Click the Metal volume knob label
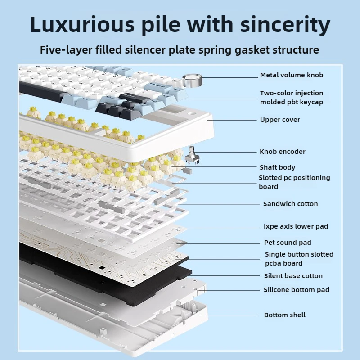[x=291, y=75]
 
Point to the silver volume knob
[x=193, y=81]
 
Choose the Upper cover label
[x=280, y=120]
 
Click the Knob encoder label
[x=282, y=152]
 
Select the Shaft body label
[x=277, y=167]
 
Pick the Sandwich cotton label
[x=290, y=204]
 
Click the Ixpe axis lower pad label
[x=296, y=226]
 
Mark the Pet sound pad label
[x=288, y=243]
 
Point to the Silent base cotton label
[x=293, y=276]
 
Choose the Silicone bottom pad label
[x=296, y=290]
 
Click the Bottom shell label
[x=284, y=315]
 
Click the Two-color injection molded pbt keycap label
[x=291, y=98]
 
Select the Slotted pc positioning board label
[x=294, y=182]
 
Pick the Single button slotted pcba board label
[x=299, y=259]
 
